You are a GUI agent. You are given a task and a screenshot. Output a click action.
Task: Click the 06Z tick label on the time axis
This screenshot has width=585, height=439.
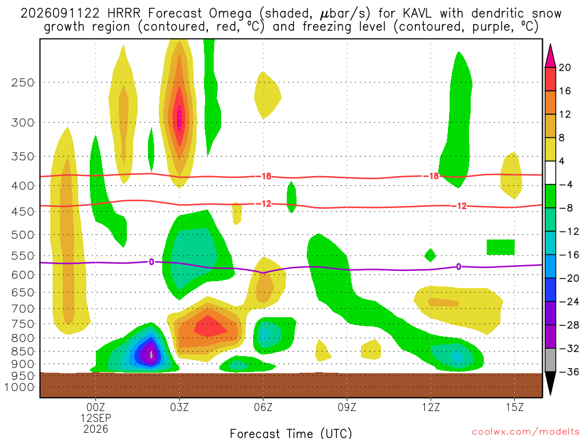(263, 407)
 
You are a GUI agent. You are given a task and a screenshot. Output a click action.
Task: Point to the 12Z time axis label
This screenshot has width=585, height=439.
(431, 407)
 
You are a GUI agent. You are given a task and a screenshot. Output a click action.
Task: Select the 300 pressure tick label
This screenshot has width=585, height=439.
(23, 122)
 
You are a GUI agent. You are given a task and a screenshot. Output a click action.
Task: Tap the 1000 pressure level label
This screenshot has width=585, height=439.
(19, 387)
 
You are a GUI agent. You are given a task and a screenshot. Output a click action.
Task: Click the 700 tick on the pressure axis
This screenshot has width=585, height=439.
(23, 309)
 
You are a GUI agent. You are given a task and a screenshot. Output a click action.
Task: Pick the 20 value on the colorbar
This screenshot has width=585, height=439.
(564, 67)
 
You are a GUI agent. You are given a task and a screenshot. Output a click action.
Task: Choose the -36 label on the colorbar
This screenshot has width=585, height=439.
(568, 372)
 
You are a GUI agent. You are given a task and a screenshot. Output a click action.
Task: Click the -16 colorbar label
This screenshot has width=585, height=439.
(568, 255)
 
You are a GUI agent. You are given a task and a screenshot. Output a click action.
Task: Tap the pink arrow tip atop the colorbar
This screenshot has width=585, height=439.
(550, 46)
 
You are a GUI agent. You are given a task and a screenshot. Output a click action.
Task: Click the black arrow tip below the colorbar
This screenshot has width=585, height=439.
(550, 394)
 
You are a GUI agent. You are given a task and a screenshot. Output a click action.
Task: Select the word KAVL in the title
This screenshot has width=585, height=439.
(417, 14)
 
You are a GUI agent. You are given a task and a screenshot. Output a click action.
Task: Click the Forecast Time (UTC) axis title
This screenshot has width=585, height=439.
(291, 433)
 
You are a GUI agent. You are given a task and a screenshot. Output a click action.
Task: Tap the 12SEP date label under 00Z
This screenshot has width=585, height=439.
(96, 418)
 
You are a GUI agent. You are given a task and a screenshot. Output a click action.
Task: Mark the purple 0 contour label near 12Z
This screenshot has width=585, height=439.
(459, 266)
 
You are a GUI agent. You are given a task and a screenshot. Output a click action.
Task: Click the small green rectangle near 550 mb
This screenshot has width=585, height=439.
(500, 247)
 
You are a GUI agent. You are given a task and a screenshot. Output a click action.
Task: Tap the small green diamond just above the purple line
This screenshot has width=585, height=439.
(430, 256)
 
